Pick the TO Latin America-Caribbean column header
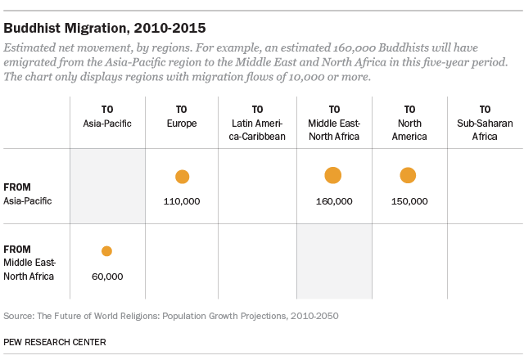[x=258, y=123]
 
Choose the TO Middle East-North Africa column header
[x=333, y=123]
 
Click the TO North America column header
[x=409, y=123]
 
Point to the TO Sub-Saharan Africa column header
[x=485, y=123]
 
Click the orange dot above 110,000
[x=182, y=177]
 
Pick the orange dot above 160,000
[x=333, y=175]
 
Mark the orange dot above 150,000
[x=409, y=175]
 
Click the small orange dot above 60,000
[x=106, y=251]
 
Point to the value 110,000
[x=182, y=201]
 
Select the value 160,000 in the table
[x=333, y=201]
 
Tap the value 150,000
[x=409, y=201]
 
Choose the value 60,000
[x=106, y=277]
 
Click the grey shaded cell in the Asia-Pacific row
[x=107, y=186]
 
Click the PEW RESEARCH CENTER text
[x=55, y=341]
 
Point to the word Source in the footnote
[x=20, y=315]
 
